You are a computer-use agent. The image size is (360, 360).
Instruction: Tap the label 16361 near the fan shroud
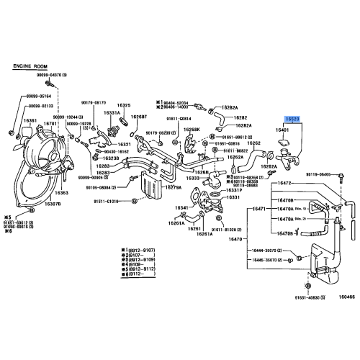click(x=30, y=121)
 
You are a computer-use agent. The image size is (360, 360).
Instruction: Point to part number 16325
click(x=124, y=105)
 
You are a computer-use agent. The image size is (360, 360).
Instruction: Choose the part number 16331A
click(x=112, y=113)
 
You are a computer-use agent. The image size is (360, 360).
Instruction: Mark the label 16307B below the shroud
click(x=53, y=203)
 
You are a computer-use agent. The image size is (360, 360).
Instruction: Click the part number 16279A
click(x=173, y=188)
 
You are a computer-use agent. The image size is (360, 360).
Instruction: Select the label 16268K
click(x=191, y=130)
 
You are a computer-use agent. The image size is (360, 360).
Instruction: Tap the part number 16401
click(x=282, y=130)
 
